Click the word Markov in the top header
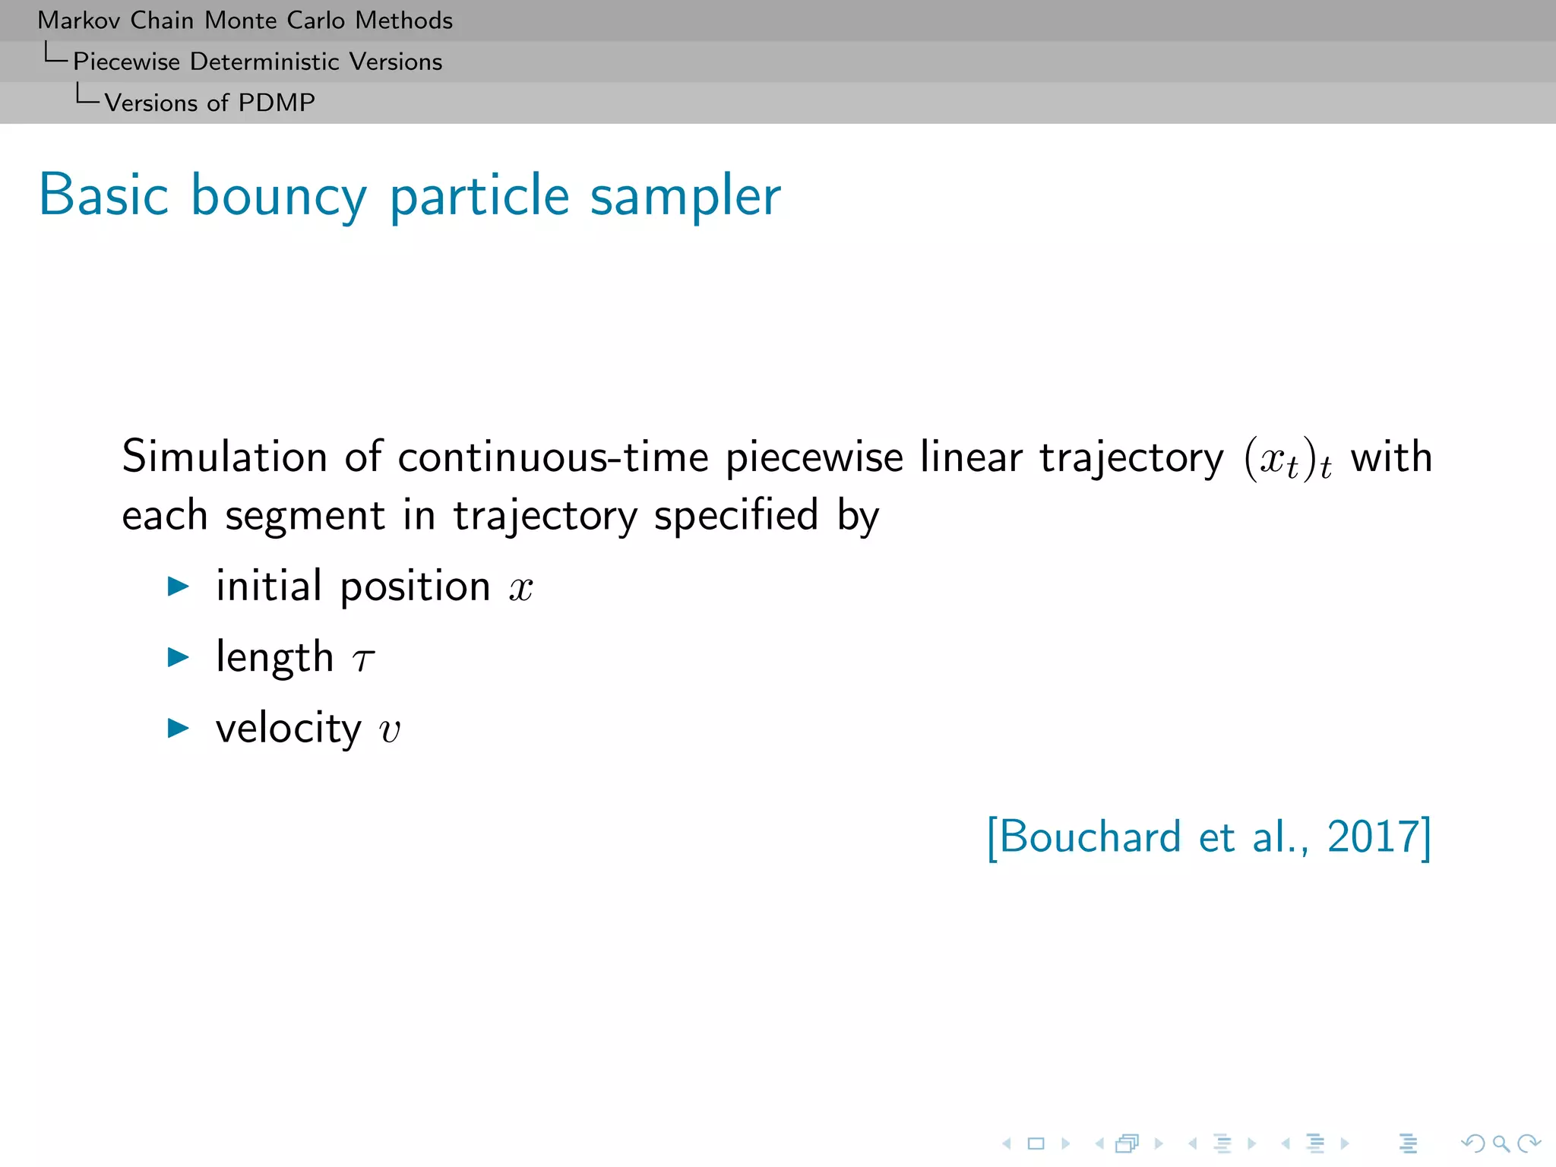click(80, 21)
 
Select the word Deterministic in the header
click(264, 62)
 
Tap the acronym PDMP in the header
click(277, 103)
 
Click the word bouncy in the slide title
click(279, 197)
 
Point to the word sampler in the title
click(685, 197)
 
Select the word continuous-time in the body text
click(553, 457)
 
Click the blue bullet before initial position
click(179, 586)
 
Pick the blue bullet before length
click(179, 657)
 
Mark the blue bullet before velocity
click(179, 728)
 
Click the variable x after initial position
click(521, 588)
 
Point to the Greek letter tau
click(364, 659)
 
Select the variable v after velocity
click(390, 730)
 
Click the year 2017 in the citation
click(1373, 837)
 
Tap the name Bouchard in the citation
click(1090, 837)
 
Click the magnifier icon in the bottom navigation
click(1501, 1143)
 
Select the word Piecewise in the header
click(126, 62)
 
